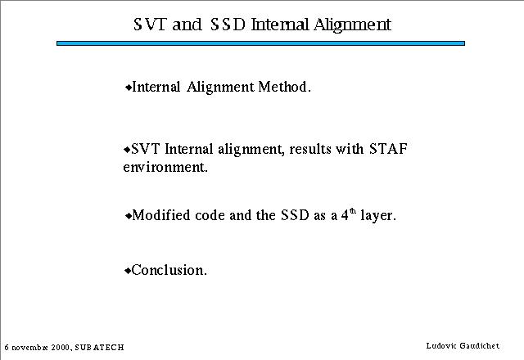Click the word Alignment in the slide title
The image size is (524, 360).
[x=352, y=25]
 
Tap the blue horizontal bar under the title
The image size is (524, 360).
[x=260, y=43]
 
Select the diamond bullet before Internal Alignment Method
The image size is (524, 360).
[x=129, y=88]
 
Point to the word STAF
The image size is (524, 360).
[x=388, y=149]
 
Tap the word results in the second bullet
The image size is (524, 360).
[x=310, y=149]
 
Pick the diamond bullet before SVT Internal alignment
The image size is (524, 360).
[x=127, y=150]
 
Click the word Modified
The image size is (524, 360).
[x=161, y=215]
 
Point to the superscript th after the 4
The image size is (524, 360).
[x=353, y=211]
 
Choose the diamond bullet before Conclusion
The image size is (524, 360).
[x=128, y=271]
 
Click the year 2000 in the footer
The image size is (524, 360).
[x=61, y=347]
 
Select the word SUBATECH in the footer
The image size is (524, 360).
[x=100, y=347]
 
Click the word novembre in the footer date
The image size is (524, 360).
[x=30, y=348]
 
